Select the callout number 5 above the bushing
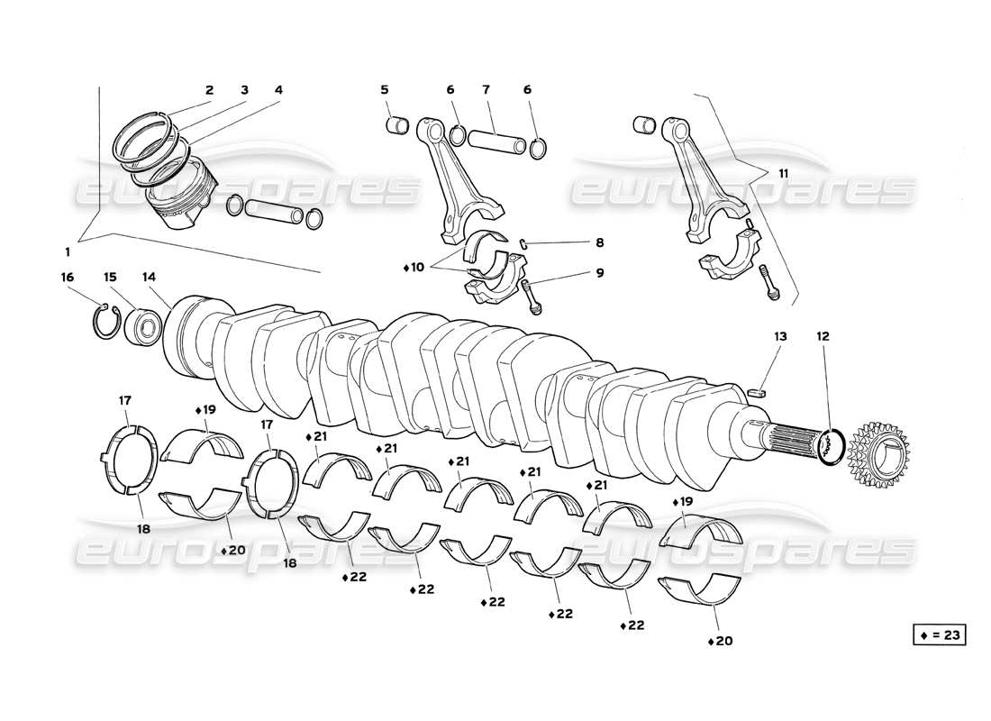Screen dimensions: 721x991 pos(384,90)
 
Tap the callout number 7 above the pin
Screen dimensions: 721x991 pos(486,90)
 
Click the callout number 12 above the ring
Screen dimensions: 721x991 pos(823,336)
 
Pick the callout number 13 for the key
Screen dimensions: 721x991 pos(779,336)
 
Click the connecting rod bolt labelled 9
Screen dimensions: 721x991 pos(533,297)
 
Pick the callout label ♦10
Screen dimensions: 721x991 pos(414,269)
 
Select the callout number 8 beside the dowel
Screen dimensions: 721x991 pos(599,242)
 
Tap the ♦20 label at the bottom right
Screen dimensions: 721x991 pos(721,642)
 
